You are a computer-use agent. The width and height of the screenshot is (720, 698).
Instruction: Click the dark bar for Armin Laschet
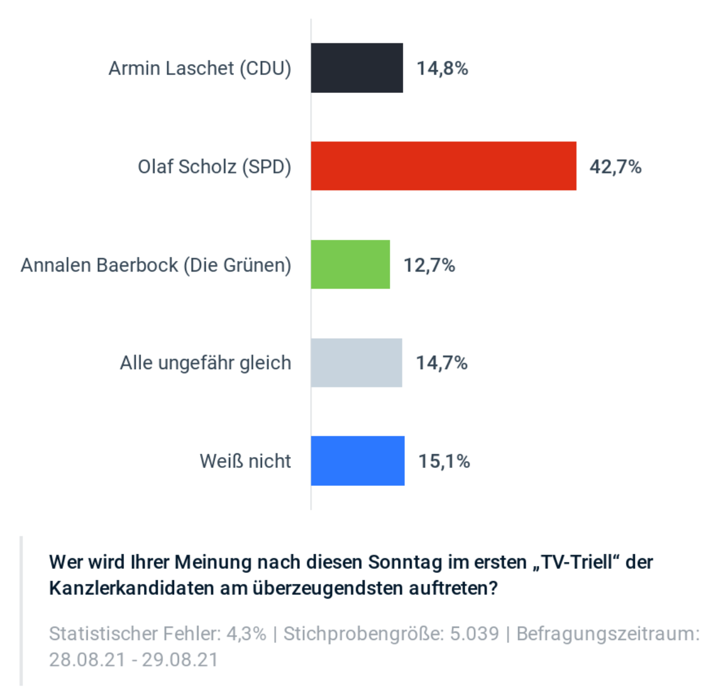(x=357, y=68)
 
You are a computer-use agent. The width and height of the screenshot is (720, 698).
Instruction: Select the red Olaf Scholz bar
(x=443, y=166)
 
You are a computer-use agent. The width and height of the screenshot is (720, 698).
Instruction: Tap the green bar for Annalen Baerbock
(x=350, y=264)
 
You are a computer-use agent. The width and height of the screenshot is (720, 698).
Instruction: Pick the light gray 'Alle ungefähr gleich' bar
(x=356, y=362)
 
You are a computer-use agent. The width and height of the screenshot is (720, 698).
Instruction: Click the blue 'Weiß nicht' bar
(x=357, y=461)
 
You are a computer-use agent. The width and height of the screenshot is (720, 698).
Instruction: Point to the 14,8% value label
(x=442, y=68)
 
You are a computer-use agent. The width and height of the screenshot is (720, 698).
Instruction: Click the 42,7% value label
(x=615, y=167)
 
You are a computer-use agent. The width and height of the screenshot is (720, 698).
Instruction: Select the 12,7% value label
(x=429, y=265)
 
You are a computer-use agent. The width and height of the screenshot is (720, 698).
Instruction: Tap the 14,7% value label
(x=442, y=363)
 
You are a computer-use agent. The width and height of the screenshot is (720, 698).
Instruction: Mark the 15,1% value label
(x=444, y=461)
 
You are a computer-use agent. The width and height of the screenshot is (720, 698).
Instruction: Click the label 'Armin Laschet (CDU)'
(x=200, y=68)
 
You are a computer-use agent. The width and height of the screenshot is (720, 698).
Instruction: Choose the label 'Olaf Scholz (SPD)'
(x=214, y=167)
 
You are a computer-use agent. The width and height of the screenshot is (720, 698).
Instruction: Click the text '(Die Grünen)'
(x=238, y=265)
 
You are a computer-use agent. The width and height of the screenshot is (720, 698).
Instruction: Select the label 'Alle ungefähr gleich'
(x=205, y=363)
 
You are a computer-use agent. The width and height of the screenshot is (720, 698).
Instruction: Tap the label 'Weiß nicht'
(x=245, y=461)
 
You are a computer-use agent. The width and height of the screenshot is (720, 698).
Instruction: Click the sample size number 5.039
(x=475, y=634)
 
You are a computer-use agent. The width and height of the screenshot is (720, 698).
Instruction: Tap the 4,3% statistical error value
(x=246, y=634)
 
